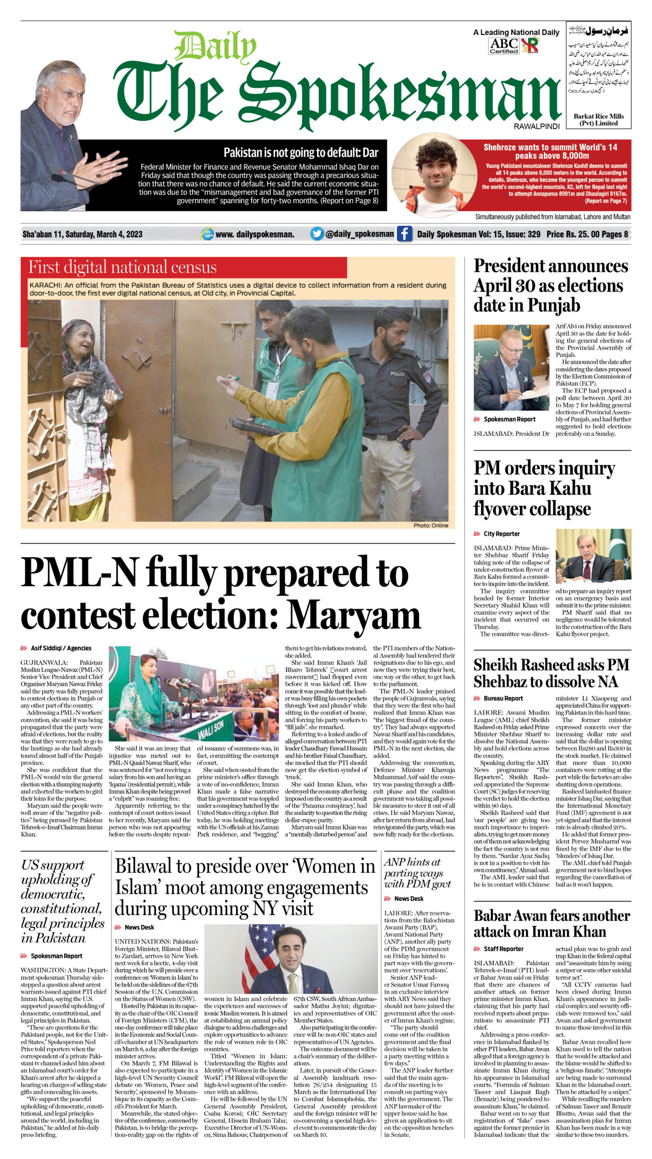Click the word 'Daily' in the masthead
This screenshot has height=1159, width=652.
[215, 47]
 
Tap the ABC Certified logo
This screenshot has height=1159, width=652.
[503, 46]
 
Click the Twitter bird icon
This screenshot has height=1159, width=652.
[317, 234]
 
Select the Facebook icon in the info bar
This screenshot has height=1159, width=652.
[404, 234]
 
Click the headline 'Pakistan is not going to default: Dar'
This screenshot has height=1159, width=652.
[301, 153]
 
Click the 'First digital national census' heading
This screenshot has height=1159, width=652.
[122, 267]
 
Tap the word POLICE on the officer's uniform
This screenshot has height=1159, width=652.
[398, 374]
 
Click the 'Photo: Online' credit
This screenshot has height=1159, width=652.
[431, 525]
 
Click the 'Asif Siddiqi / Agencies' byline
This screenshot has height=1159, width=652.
[61, 648]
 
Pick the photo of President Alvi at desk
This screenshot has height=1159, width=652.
[511, 367]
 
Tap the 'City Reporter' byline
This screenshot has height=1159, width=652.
[501, 534]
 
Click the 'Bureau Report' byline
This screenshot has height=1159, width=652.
[503, 698]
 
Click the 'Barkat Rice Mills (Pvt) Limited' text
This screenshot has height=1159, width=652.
[599, 120]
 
